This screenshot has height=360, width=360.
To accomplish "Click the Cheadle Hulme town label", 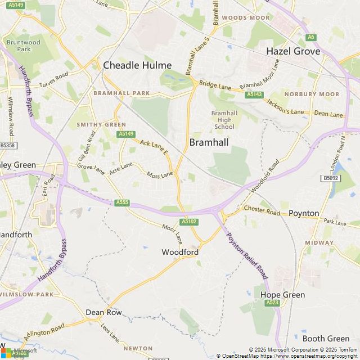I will [x=137, y=65].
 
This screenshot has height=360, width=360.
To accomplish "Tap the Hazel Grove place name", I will [x=293, y=51].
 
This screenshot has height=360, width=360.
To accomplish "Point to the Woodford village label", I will [x=180, y=252].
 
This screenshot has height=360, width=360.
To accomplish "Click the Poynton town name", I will [x=304, y=213].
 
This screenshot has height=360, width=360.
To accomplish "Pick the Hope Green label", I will [x=282, y=295].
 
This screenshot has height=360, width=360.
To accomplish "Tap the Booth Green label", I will [x=326, y=338].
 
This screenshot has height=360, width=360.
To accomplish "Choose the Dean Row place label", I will [x=103, y=312].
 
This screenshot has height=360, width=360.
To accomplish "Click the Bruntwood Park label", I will [x=24, y=46].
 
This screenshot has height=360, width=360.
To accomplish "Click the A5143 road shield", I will [x=254, y=95].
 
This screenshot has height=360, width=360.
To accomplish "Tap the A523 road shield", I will [x=273, y=303].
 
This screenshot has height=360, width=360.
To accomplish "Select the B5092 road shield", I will [x=331, y=178].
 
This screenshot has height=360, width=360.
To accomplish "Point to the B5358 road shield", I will [x=8, y=145].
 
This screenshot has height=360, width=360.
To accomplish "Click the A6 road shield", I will [x=311, y=37].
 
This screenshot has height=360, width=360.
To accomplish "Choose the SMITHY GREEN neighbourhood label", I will [x=101, y=124].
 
